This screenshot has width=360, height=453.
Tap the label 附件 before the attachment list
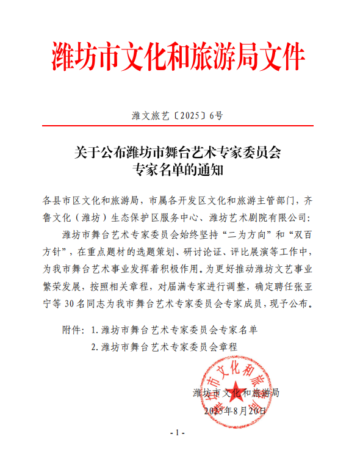pos(71,330)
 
